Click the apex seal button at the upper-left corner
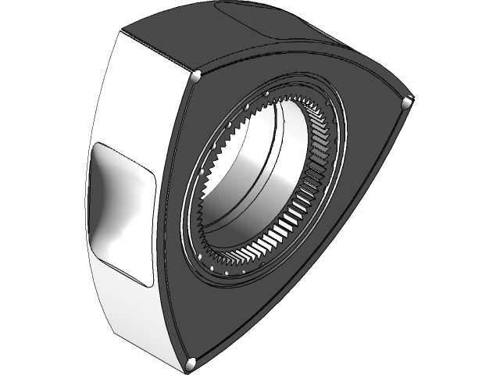coord(196,75)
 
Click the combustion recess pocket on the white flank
coord(121,211)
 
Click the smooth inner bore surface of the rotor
coord(250,180)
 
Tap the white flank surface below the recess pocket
coord(133,312)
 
